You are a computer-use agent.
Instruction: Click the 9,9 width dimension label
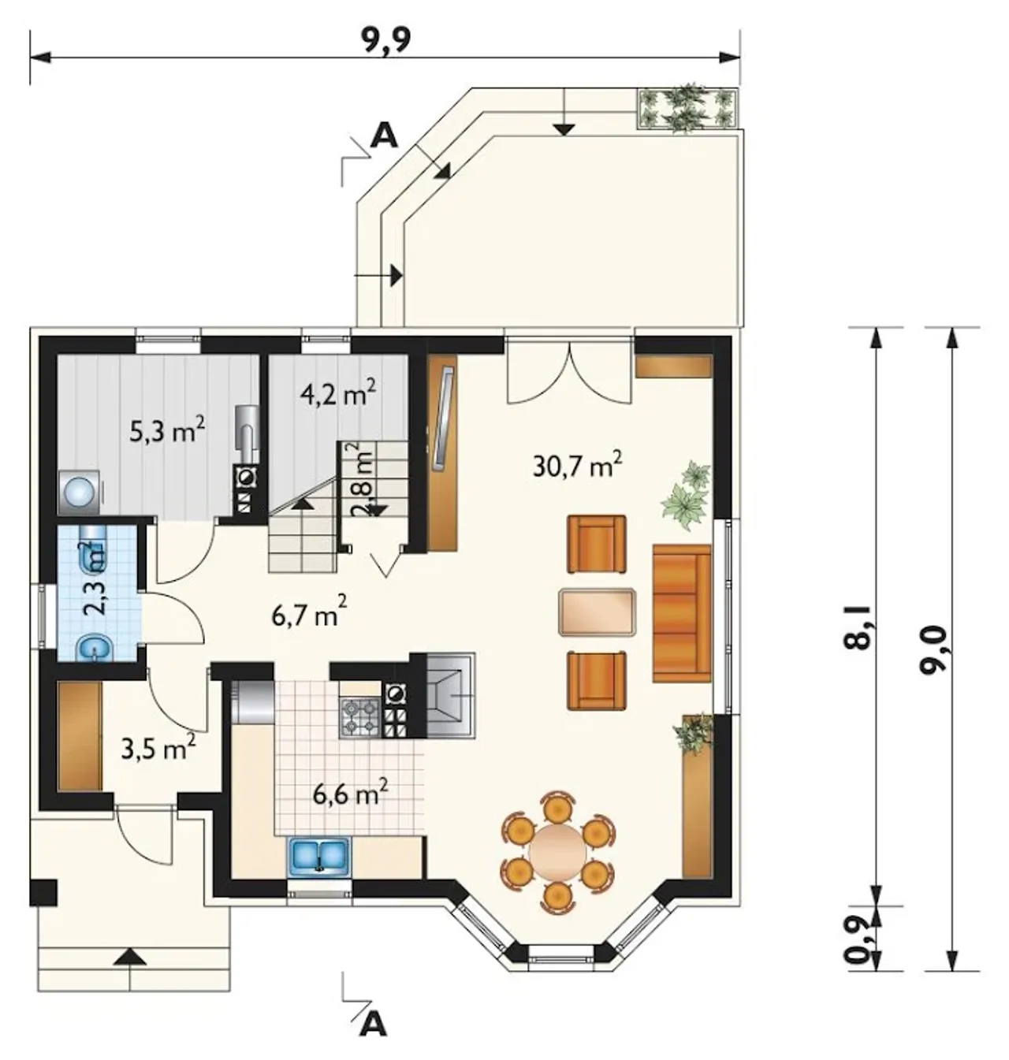click(386, 40)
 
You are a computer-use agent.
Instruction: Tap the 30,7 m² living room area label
click(578, 465)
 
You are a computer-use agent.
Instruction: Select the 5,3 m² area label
click(167, 431)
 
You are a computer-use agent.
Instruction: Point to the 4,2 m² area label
click(337, 395)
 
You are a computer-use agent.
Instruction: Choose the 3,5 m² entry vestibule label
click(158, 749)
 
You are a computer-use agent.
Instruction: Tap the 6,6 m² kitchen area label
click(351, 794)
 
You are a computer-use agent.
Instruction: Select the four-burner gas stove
click(360, 717)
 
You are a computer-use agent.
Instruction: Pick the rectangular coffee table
click(598, 612)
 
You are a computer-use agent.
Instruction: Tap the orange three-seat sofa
click(682, 614)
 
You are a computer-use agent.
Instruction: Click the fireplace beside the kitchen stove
click(450, 695)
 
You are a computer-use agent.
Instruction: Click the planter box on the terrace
click(687, 107)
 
